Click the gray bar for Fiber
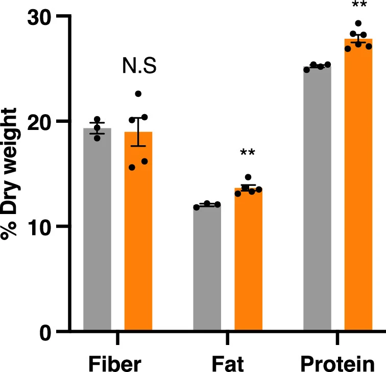97,229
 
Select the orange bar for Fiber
138,231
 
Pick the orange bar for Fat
248,259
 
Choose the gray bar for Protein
317,199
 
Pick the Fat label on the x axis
228,363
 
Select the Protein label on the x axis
337,363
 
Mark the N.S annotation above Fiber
139,66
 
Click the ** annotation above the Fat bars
248,153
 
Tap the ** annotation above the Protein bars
358,5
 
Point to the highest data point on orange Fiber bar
138,94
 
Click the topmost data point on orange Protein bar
358,23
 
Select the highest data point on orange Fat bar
248,177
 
